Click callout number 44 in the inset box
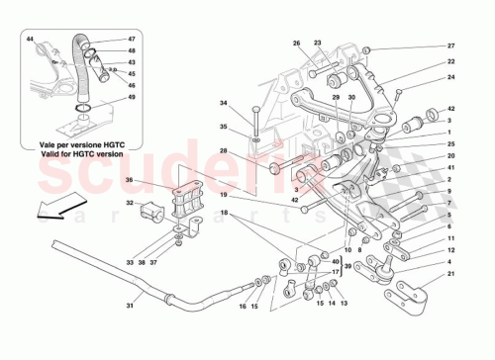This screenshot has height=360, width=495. tap(30, 39)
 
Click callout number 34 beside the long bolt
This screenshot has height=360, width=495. tap(224, 103)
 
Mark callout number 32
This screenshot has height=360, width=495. tap(130, 203)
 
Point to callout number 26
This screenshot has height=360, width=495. tap(295, 44)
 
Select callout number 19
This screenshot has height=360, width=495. tap(226, 195)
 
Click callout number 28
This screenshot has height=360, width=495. tap(224, 150)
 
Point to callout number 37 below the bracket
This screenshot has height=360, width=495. tap(180, 263)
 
